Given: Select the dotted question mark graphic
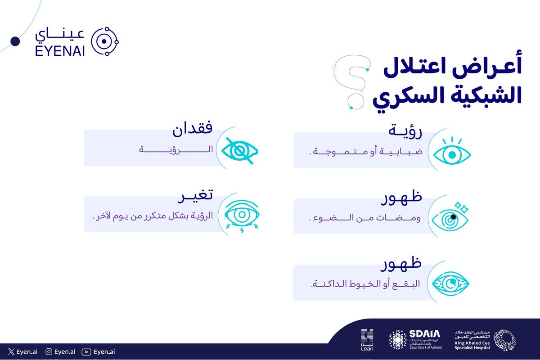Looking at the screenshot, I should click(352, 81).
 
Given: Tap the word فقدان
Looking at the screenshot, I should click(193, 130).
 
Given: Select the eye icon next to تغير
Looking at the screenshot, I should click(242, 215).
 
